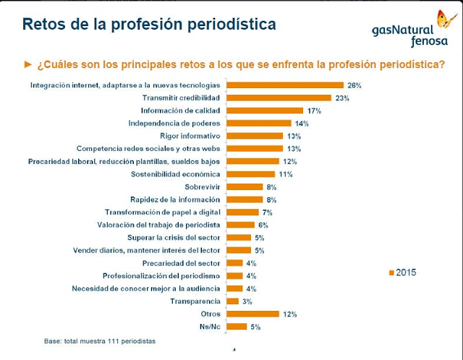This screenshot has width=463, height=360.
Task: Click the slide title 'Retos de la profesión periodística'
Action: pos(149,25)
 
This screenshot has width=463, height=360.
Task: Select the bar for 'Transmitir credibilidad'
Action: pos(279,98)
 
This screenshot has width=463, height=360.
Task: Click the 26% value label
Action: pos(354,85)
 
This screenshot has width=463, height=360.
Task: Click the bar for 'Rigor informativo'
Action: pos(255,136)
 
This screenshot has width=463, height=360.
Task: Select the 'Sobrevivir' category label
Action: pos(202,187)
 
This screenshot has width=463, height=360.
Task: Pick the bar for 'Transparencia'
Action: pos(232,301)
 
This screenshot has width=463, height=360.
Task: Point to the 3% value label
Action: pos(247,301)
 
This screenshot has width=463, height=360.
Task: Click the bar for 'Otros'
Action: pos(252,314)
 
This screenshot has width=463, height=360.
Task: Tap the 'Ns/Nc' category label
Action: pos(210,327)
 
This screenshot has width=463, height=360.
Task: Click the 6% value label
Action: pos(263,225)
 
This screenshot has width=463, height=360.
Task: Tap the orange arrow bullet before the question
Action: pos(29,64)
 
